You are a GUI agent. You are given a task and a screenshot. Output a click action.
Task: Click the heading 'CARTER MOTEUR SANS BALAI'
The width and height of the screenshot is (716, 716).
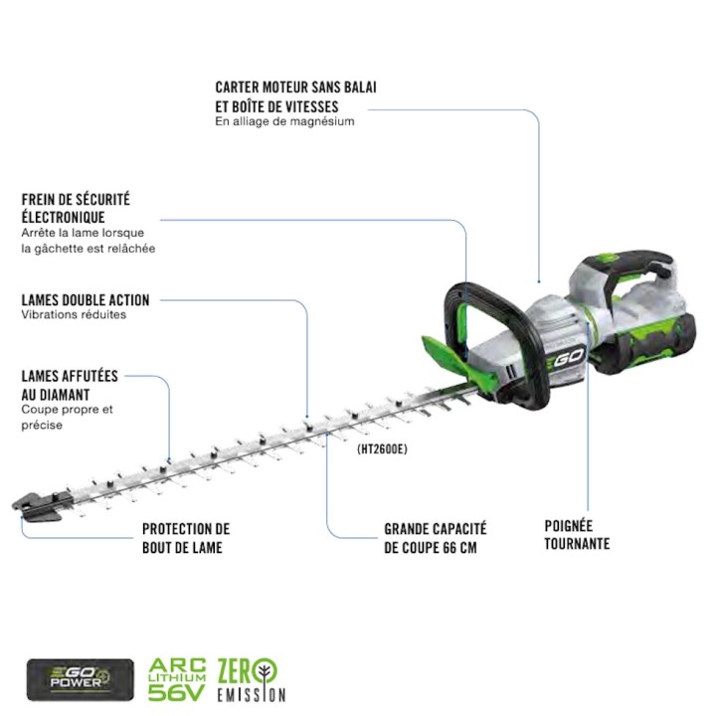tap(296, 88)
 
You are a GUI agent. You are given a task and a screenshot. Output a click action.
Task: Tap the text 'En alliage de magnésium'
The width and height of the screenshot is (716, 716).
tap(285, 121)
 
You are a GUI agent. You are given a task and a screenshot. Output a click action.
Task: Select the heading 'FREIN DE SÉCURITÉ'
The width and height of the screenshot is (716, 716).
tap(76, 200)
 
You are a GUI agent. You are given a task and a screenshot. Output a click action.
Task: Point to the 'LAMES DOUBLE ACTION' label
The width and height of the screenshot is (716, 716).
tap(86, 300)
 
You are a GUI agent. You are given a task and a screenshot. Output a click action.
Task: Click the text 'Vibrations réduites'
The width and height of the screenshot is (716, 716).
tap(74, 314)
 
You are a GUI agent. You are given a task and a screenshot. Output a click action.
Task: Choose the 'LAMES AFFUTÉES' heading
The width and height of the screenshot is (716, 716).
tap(70, 376)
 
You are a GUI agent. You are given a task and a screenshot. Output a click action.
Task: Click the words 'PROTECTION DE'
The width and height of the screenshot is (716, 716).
tap(186, 529)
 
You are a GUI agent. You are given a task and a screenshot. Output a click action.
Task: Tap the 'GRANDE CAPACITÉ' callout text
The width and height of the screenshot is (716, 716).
tap(436, 529)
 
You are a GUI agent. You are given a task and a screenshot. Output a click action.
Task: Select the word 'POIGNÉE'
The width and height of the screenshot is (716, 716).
tap(569, 526)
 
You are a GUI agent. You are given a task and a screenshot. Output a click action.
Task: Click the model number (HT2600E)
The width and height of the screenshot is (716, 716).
tap(382, 449)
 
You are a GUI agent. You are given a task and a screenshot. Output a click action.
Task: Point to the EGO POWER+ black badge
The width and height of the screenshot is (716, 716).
tap(81, 680)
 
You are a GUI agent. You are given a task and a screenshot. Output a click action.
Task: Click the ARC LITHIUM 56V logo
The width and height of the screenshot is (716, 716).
tap(177, 679)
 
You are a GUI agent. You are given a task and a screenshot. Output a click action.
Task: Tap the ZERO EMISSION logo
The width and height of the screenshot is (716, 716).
tap(252, 679)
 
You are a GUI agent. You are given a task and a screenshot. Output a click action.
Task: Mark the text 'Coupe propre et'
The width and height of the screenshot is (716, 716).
tap(68, 410)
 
